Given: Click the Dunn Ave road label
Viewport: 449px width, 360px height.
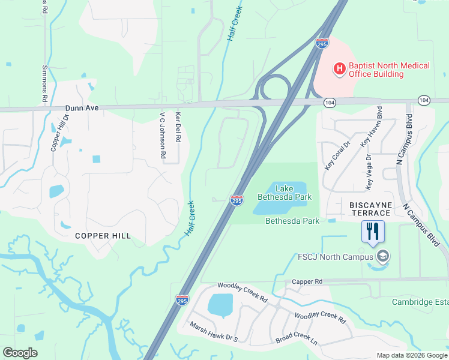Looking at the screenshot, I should (x=82, y=108).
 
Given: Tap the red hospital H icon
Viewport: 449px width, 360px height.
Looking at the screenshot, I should (x=339, y=69).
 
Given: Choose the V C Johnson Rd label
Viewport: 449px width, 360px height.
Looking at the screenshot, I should (x=162, y=135).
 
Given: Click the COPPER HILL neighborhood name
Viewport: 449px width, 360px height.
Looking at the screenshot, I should (x=103, y=236).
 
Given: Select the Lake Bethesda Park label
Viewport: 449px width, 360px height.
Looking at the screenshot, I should (x=285, y=193).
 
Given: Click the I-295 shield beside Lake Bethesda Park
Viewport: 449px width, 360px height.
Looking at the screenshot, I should (x=237, y=200).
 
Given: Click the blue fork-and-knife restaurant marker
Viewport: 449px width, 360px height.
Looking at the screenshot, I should (x=372, y=230).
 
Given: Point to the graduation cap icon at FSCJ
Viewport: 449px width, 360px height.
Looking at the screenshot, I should (x=382, y=257).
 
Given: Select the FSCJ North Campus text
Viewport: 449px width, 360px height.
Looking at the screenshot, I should (x=335, y=257).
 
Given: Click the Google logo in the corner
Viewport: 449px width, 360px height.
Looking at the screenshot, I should (x=20, y=353).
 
